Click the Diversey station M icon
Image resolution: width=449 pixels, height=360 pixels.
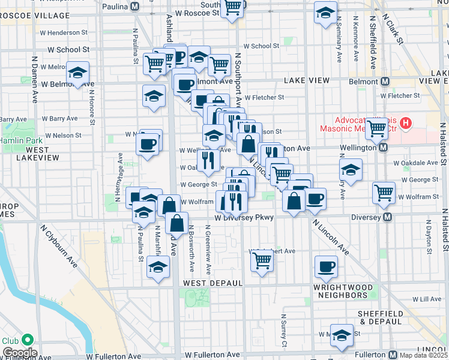tap(388, 217)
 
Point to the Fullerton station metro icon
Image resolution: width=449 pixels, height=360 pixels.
tap(394, 355)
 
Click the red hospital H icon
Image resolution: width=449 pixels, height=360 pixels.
tap(406, 124)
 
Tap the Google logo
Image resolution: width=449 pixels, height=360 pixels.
tap(19, 353)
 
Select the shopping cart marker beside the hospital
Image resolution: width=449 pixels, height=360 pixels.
tap(377, 128)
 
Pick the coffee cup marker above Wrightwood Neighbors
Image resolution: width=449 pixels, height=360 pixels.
tap(326, 266)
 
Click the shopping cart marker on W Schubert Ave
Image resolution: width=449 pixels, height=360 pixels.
tap(262, 261)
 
